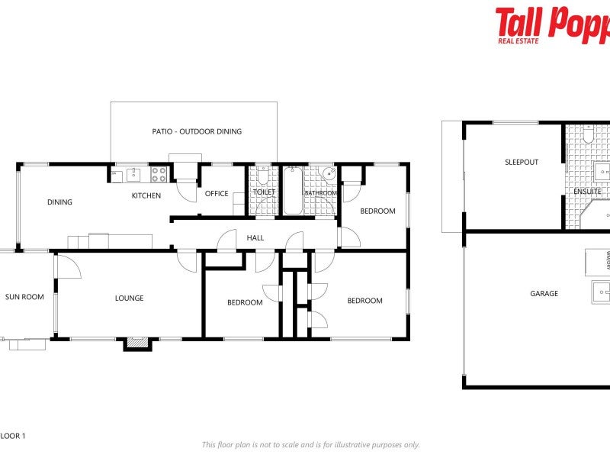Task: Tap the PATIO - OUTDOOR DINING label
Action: click(197, 131)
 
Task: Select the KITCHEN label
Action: click(146, 195)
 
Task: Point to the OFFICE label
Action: click(217, 193)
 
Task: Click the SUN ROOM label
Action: click(24, 297)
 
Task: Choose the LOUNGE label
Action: click(129, 298)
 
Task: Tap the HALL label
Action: click(255, 237)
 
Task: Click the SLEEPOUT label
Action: click(522, 162)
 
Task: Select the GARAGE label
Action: click(544, 293)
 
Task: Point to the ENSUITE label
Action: click(587, 191)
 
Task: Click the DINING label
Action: click(59, 202)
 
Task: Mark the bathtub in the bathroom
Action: click(293, 191)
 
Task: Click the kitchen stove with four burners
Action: click(159, 174)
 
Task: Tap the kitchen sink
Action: click(134, 174)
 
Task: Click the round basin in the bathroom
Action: click(328, 173)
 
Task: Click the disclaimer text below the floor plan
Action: click(310, 444)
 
